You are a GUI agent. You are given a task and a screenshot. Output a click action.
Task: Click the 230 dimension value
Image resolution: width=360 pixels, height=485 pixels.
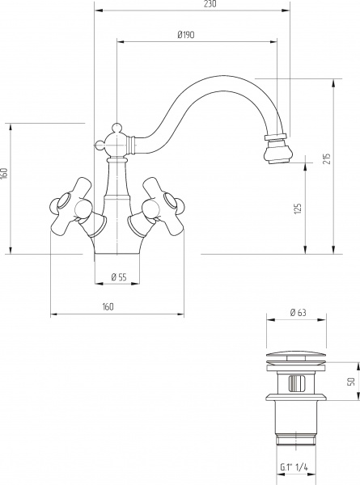210,4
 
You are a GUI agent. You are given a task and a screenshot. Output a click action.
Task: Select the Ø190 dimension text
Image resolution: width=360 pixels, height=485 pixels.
186,35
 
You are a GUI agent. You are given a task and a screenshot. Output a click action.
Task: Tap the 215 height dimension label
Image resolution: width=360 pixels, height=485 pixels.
327,158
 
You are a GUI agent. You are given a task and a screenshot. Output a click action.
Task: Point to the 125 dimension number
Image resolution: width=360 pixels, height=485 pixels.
298,209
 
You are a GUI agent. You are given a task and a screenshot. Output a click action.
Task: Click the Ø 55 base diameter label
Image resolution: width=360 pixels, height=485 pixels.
119,276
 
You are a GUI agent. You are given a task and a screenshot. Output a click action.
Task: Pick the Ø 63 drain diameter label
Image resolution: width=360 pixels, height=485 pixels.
298,313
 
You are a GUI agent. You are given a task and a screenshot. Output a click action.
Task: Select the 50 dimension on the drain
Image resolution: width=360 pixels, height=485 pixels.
351,382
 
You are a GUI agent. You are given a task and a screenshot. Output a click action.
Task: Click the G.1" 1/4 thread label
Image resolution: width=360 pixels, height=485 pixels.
294,467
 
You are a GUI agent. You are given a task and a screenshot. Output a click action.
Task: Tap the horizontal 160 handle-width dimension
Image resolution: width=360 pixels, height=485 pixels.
108,306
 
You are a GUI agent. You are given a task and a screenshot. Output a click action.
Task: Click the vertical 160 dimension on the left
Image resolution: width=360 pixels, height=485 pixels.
4,173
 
